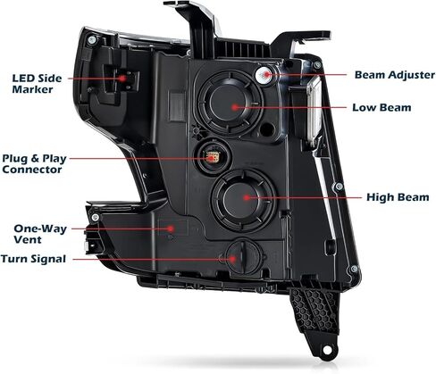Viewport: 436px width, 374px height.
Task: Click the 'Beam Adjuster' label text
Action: coord(395,75)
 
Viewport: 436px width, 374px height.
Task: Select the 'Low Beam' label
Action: coord(381,107)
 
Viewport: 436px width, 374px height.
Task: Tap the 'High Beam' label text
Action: coord(398,197)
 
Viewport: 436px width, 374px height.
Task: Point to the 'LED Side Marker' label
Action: coord(37,84)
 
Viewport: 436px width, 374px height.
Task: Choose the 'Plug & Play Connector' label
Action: coord(34,163)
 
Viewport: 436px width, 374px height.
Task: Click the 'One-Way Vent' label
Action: coord(40,234)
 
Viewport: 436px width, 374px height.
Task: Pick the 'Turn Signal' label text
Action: coord(33,259)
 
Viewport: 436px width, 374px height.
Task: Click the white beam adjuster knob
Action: coord(264,75)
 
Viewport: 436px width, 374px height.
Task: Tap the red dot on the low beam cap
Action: coord(235,107)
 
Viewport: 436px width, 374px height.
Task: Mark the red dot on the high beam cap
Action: coord(246,197)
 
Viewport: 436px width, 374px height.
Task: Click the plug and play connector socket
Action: coord(212,156)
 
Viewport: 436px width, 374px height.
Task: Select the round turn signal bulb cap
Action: coord(244,257)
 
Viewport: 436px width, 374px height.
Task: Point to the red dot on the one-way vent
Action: coord(171,229)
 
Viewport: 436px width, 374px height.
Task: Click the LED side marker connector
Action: coord(125,79)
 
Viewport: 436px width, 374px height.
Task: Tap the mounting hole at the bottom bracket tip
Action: coord(327,350)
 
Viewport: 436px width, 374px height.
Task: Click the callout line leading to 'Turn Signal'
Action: coord(152,259)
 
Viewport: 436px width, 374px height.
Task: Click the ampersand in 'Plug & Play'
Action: coord(35,158)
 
